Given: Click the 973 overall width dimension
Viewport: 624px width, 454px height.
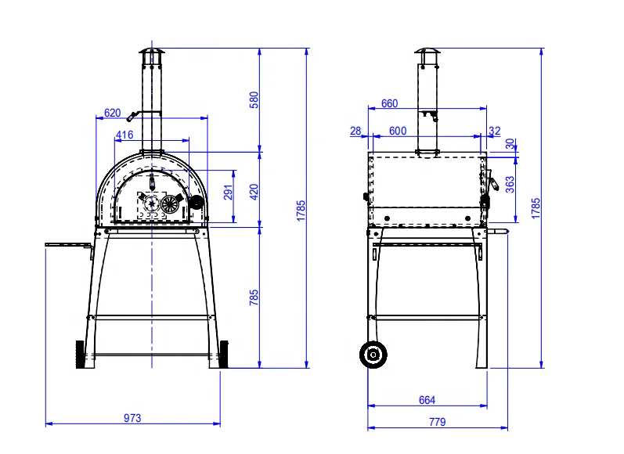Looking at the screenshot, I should click(x=132, y=418).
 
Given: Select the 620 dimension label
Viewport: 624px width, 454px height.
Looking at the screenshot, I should click(x=113, y=113).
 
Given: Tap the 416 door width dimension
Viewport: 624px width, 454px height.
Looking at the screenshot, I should click(x=124, y=135).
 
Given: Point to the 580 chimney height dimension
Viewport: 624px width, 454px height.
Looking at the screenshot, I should click(x=253, y=99).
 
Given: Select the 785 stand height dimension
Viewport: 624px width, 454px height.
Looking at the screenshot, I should click(x=253, y=297).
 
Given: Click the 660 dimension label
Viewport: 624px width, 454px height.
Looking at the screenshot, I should click(x=389, y=103).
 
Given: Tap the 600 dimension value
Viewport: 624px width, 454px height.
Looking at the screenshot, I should click(x=398, y=131).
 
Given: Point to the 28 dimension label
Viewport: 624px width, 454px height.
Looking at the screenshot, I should click(x=356, y=131).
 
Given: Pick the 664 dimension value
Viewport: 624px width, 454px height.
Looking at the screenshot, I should click(x=427, y=400).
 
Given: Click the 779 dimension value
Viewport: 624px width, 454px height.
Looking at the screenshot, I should click(x=437, y=422).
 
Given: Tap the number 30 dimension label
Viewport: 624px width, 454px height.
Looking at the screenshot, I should click(x=510, y=144).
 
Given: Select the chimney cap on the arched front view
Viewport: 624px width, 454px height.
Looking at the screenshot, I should click(x=149, y=52).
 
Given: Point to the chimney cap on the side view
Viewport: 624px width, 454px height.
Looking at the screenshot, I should click(x=427, y=52).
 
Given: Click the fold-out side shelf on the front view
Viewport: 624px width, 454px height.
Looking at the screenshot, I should click(x=69, y=246).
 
